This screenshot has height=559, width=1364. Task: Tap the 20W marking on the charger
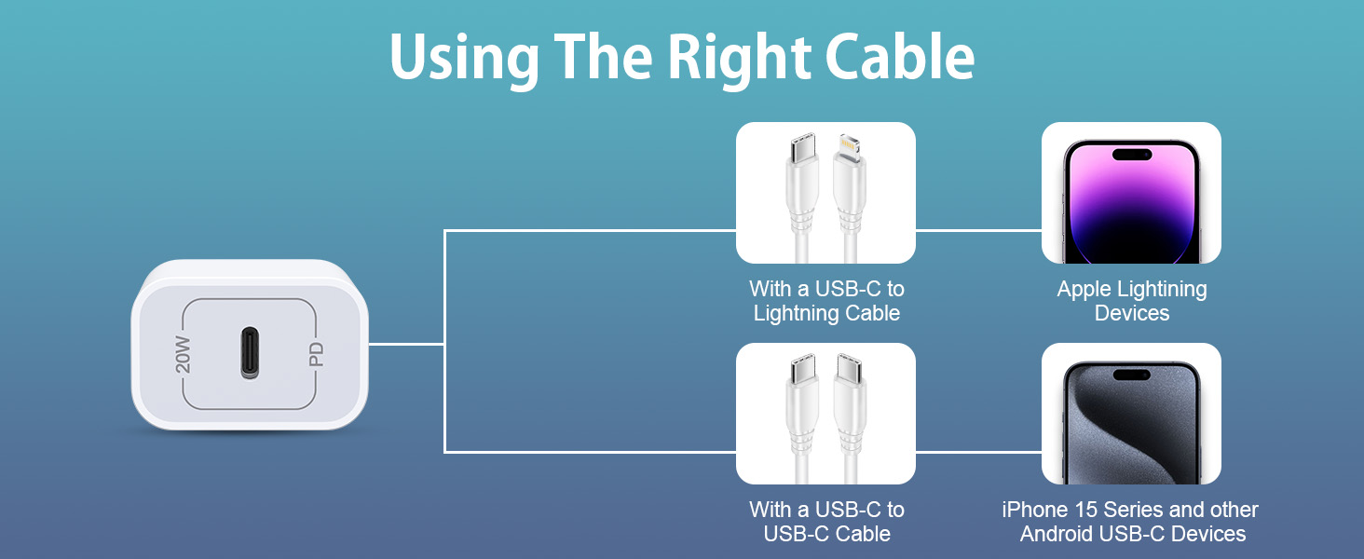(184, 354)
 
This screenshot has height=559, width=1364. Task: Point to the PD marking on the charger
(316, 354)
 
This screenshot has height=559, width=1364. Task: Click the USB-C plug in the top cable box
(803, 149)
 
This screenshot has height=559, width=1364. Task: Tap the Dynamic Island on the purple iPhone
(1131, 154)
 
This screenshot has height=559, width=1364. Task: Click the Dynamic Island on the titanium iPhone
(1131, 375)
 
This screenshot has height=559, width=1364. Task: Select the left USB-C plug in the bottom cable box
(803, 370)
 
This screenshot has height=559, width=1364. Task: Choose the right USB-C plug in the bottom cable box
(848, 370)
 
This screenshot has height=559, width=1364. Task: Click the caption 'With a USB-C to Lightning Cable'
(826, 301)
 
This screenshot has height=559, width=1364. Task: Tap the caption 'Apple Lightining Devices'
(1131, 301)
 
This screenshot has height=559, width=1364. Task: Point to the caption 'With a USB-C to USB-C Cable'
(826, 522)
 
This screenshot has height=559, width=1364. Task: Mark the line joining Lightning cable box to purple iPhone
(978, 230)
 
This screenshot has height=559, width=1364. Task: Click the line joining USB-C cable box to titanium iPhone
(978, 452)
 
